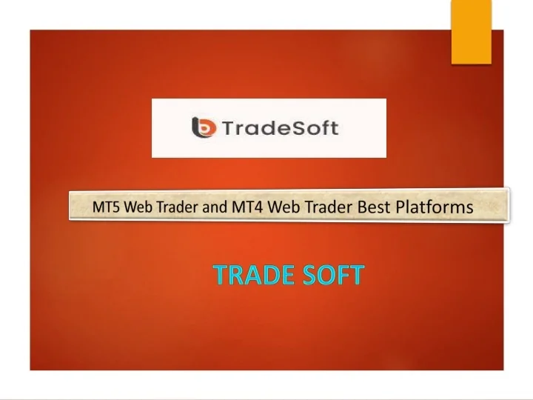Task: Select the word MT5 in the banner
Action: click(107, 208)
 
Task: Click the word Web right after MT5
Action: click(137, 208)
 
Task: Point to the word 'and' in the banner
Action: click(215, 208)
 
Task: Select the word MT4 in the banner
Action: click(247, 207)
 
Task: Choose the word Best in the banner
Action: click(375, 207)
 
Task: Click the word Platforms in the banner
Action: click(435, 207)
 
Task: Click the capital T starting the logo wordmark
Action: click(224, 127)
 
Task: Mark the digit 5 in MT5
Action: click(117, 208)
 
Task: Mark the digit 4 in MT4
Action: click(258, 207)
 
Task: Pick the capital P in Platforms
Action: click(400, 207)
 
